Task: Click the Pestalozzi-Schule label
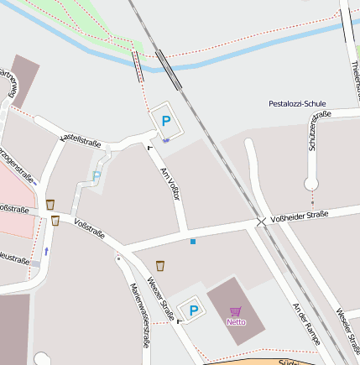click(297, 104)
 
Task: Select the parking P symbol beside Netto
click(194, 311)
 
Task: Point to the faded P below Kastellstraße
click(97, 177)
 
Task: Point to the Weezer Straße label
click(160, 297)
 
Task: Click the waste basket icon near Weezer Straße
click(160, 266)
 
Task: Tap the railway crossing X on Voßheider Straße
click(261, 222)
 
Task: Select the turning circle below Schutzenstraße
click(312, 184)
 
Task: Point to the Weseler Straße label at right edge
click(351, 327)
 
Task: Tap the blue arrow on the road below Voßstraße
click(46, 250)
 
